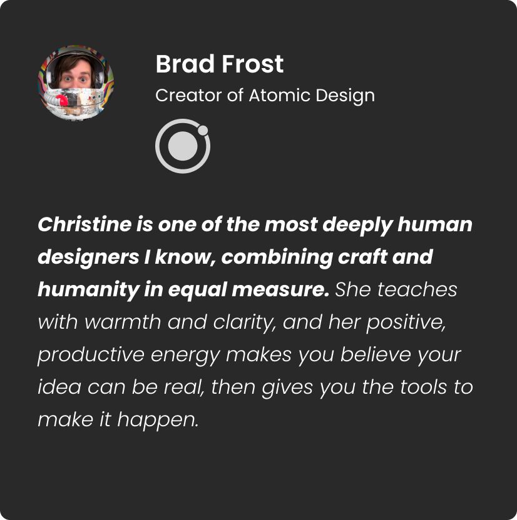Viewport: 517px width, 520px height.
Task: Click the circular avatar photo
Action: (x=76, y=82)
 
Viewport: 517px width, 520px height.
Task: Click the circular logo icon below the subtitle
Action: (x=182, y=146)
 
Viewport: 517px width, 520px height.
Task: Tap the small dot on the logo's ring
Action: (x=202, y=130)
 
